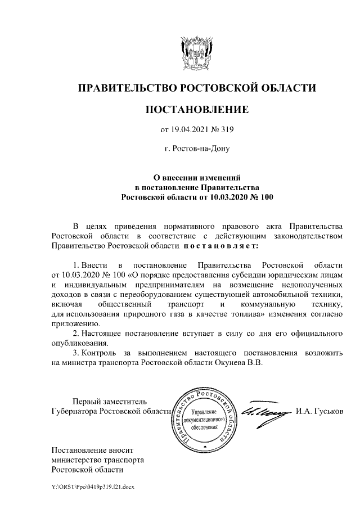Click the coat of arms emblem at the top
(x=196, y=53)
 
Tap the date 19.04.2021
(x=188, y=130)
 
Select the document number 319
(x=226, y=130)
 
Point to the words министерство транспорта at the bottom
(x=97, y=460)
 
